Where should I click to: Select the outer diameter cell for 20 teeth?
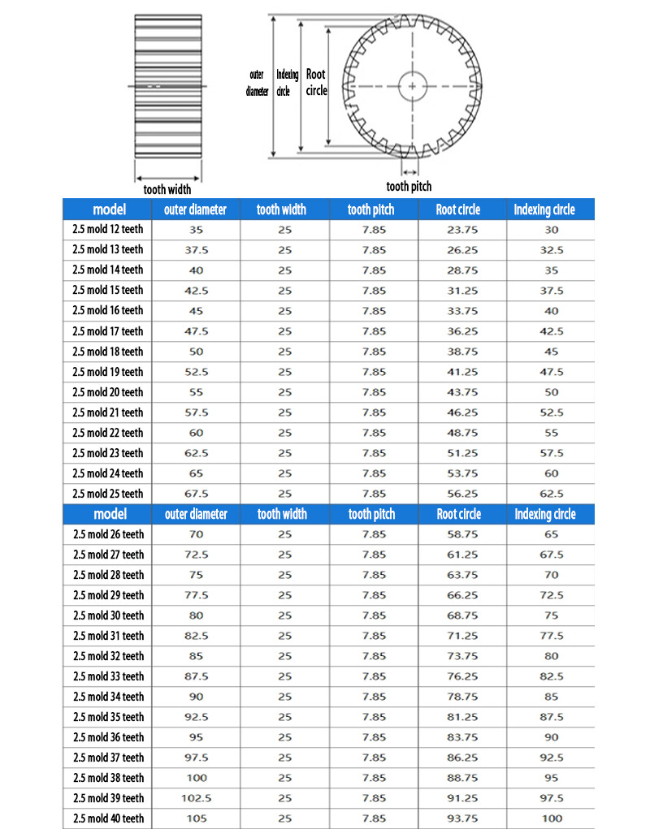pos(196,392)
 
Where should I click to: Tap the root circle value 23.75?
pos(462,230)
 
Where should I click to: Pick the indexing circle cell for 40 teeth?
pos(552,818)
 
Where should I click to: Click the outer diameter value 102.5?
pos(196,798)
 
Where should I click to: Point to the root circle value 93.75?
pos(462,818)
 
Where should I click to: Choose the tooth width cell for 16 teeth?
pos(284,311)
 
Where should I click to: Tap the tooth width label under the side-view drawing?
pos(167,189)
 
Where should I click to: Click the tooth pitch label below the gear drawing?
pos(409,187)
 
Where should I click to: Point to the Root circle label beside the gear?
pos(316,82)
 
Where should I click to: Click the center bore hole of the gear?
pos(413,85)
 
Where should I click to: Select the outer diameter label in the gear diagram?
pos(257,83)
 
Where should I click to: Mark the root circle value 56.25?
pos(462,494)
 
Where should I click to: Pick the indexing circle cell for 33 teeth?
pos(552,676)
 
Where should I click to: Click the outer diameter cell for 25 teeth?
pos(196,494)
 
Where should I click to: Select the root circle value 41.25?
pos(462,372)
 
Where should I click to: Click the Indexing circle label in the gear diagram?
pos(287,83)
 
